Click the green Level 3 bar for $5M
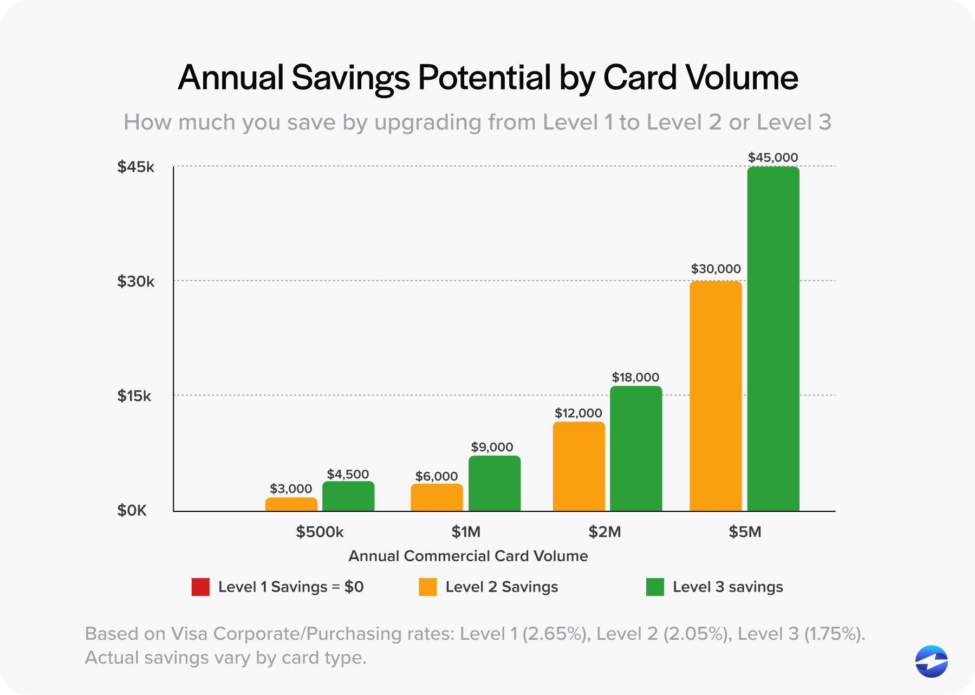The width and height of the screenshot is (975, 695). [773, 339]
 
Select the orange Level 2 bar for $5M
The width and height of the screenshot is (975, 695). [716, 396]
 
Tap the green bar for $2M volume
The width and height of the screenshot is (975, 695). [636, 449]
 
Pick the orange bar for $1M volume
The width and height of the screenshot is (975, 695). [437, 497]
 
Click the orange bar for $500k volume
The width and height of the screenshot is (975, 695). [291, 504]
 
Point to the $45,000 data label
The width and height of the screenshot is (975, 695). [773, 158]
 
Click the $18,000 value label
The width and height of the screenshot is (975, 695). [635, 378]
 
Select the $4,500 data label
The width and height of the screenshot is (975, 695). [348, 475]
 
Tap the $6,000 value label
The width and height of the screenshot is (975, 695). [437, 477]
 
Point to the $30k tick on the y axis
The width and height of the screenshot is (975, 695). [136, 282]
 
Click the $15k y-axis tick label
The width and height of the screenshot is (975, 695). [134, 396]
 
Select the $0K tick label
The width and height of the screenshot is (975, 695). [132, 511]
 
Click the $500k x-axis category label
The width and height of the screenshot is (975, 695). [320, 532]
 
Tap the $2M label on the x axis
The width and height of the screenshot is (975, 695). [604, 532]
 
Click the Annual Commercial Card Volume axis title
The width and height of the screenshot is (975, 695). [468, 556]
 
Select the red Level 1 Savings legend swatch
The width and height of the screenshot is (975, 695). [200, 587]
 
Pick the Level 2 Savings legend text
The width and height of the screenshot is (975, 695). [502, 587]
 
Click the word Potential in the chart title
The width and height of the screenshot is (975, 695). [484, 77]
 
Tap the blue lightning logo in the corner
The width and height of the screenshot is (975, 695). [931, 661]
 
